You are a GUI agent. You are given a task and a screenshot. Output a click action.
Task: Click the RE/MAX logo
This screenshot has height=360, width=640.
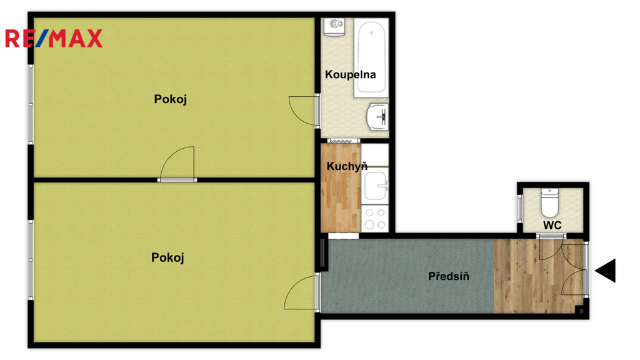tap(54, 38)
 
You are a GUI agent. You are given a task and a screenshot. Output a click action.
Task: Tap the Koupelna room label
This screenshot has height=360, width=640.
tap(350, 75)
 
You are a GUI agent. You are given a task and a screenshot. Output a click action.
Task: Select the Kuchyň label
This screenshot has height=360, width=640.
tap(347, 166)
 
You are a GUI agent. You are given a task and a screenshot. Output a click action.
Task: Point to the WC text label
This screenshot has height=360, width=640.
tap(552, 225)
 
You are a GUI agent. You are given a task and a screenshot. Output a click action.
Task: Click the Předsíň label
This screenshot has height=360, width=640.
tap(449, 276)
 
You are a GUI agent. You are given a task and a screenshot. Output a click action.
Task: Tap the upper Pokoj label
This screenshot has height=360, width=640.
tap(170, 99)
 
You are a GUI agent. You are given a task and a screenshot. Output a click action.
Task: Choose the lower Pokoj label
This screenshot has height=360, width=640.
tap(167, 257)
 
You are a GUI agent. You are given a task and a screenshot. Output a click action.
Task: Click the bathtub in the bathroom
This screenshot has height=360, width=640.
tap(371, 57)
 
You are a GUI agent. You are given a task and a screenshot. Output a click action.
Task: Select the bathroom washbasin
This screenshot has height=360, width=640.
tap(377, 117)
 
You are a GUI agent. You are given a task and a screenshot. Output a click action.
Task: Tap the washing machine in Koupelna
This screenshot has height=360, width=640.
tap(335, 27)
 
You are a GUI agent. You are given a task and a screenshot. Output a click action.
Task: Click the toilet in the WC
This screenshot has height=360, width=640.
tap(549, 202)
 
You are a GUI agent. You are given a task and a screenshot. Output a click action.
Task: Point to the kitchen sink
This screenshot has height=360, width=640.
tap(376, 186)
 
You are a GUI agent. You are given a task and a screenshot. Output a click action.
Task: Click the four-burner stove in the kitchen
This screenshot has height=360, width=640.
tap(375, 219)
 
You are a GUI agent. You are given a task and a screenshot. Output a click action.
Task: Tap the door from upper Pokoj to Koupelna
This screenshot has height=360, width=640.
tap(304, 111)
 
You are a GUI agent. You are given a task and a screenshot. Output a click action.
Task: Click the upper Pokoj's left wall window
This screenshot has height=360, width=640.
tap(31, 104)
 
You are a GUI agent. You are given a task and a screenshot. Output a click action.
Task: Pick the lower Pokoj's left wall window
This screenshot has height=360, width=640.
tap(31, 260)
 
